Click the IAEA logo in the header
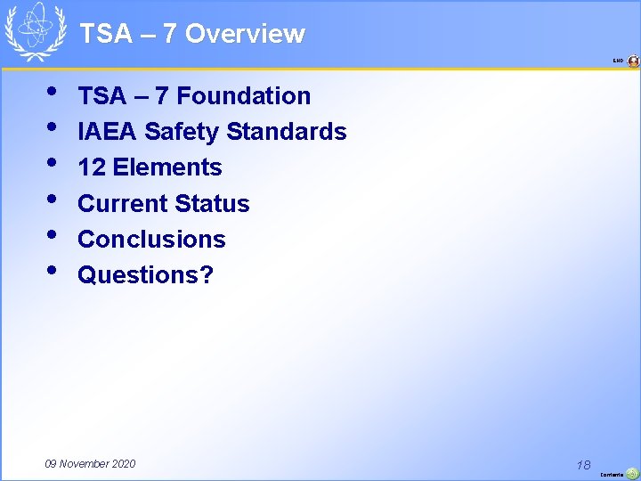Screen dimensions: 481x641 point(36,31)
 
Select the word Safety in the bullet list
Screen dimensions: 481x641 point(181,132)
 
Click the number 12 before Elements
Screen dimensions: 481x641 point(91,167)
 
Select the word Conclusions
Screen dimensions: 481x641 point(151,239)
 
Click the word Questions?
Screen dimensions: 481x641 point(146,274)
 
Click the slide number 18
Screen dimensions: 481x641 point(584,464)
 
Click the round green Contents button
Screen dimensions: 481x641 point(632,474)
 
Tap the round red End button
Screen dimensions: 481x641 point(633,61)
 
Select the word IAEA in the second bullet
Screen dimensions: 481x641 point(108,132)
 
